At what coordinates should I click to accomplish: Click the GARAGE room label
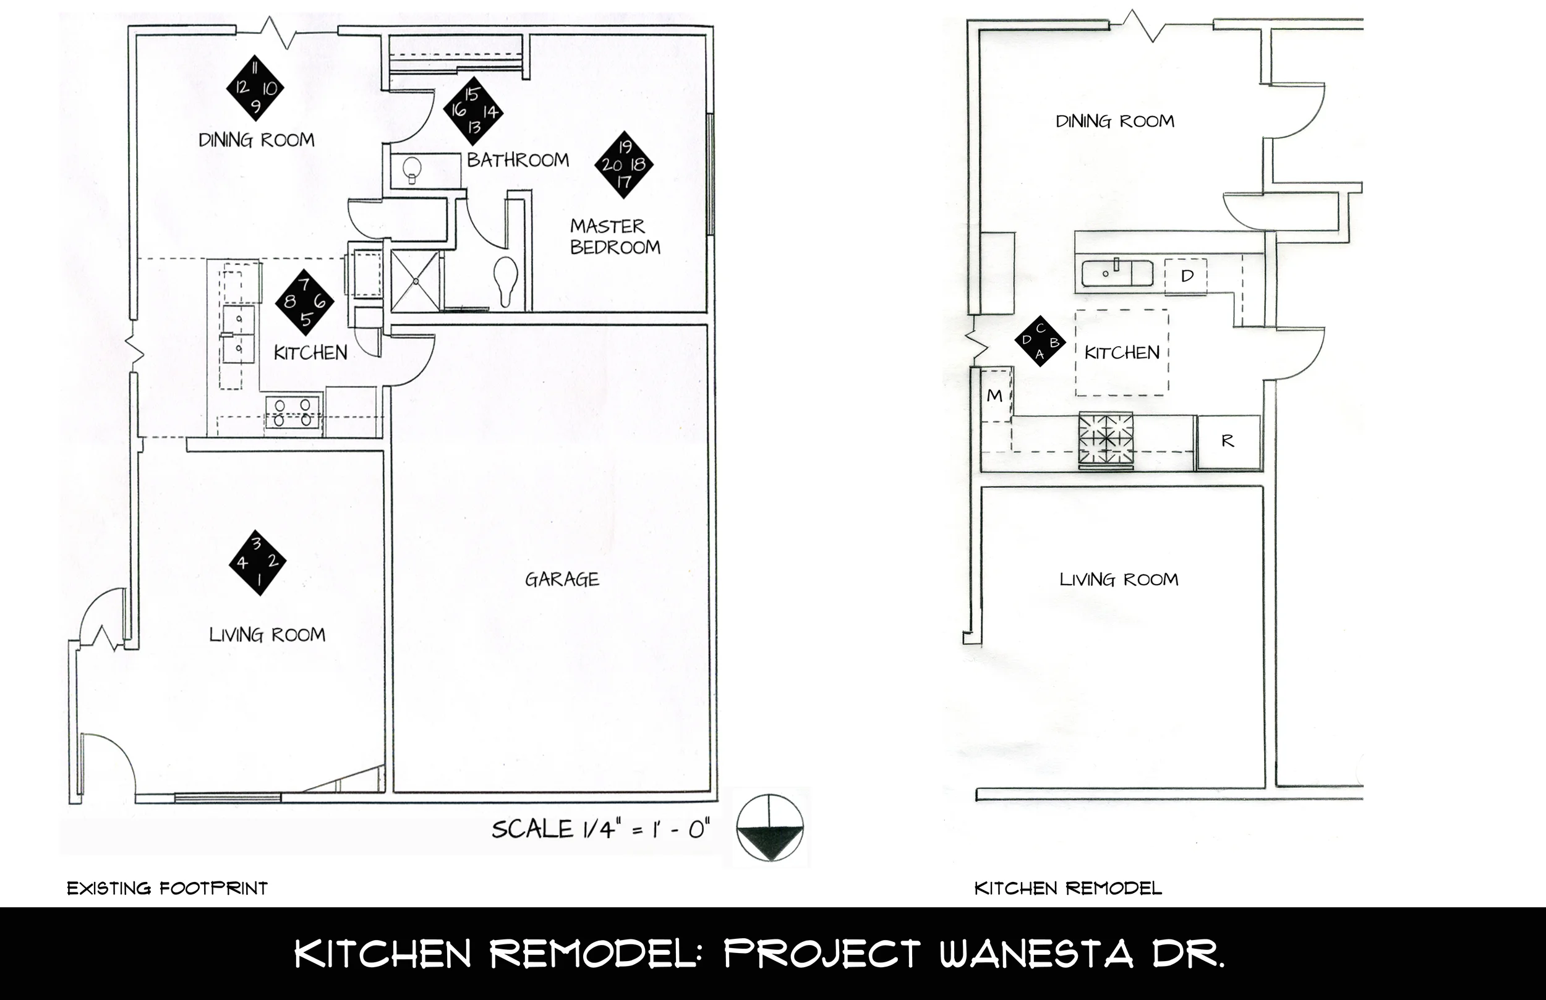point(562,579)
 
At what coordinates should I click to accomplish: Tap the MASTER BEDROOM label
point(615,237)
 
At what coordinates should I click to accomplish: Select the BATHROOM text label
point(518,159)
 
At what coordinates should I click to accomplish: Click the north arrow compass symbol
point(770,829)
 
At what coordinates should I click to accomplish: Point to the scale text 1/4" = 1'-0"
point(600,829)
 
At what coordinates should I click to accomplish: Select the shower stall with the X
point(416,281)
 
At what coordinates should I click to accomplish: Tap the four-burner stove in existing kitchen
point(293,412)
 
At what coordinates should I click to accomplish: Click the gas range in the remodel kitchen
point(1106,440)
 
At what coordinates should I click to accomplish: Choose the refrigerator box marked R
point(1228,441)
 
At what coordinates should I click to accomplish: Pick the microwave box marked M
point(994,396)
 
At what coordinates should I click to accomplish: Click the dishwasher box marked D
point(1186,276)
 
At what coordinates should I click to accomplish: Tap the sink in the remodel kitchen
point(1117,273)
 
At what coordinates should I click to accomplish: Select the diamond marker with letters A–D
point(1040,342)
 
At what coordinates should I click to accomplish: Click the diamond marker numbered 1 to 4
point(257,562)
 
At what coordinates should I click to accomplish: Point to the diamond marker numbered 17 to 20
point(623,164)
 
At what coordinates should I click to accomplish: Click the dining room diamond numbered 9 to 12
point(255,88)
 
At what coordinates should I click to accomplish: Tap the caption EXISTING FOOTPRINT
point(167,888)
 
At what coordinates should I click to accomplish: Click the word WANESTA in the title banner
point(1036,954)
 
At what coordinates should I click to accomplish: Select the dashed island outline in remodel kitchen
point(1121,353)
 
